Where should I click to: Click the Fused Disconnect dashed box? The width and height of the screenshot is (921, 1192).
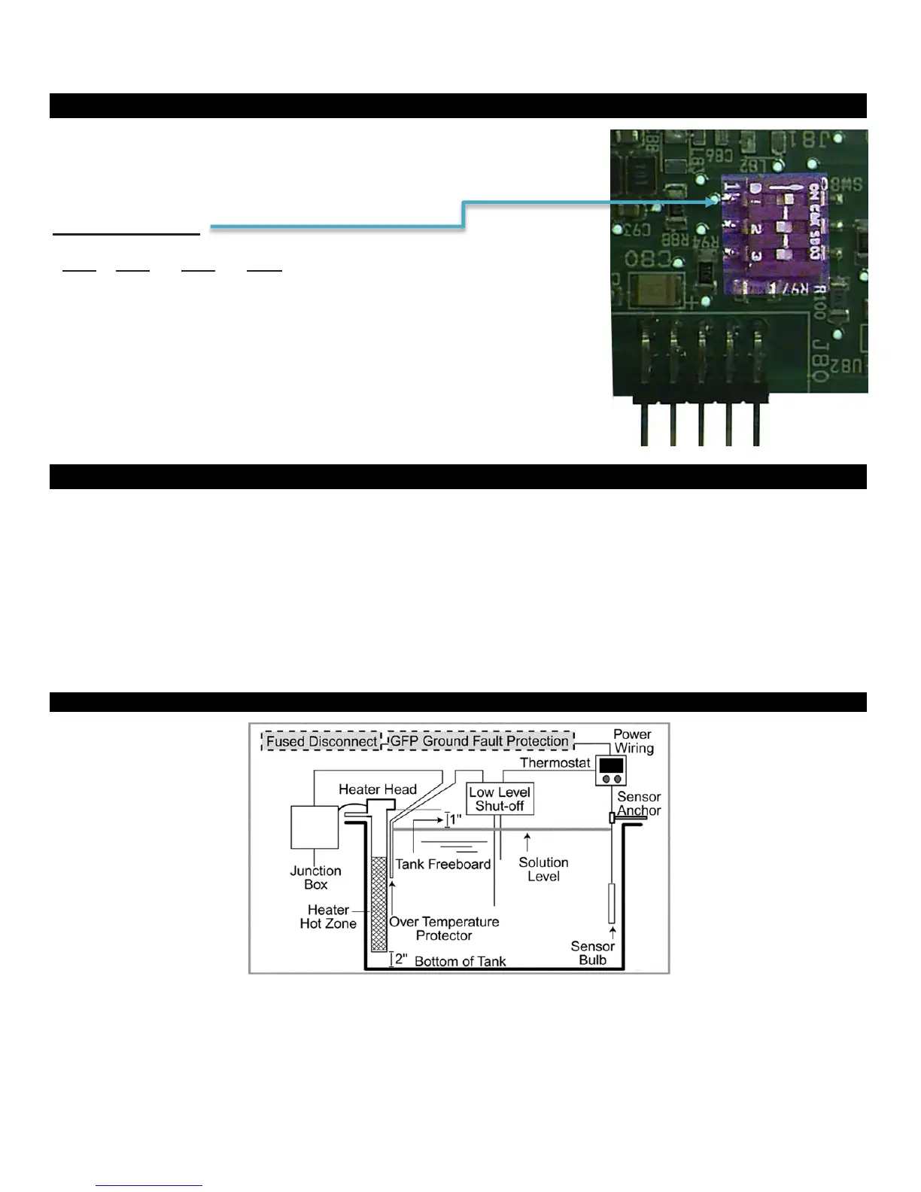pyautogui.click(x=321, y=741)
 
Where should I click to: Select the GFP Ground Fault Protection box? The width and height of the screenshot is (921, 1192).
pyautogui.click(x=479, y=741)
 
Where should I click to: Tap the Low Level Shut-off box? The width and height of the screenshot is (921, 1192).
pyautogui.click(x=500, y=799)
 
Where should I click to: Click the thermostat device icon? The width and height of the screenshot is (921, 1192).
pyautogui.click(x=611, y=771)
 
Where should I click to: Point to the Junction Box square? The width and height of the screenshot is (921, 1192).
pyautogui.click(x=314, y=827)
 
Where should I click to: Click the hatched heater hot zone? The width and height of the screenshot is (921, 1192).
pyautogui.click(x=379, y=904)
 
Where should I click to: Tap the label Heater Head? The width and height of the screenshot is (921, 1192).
pyautogui.click(x=377, y=789)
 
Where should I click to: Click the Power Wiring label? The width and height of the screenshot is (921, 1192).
pyautogui.click(x=633, y=741)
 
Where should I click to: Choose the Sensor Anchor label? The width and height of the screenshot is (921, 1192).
pyautogui.click(x=639, y=804)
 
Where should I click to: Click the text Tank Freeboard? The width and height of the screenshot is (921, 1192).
pyautogui.click(x=443, y=865)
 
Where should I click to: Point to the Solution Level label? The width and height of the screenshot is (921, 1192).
pyautogui.click(x=543, y=869)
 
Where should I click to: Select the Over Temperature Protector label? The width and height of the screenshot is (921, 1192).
pyautogui.click(x=444, y=929)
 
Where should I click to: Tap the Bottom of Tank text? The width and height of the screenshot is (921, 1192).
pyautogui.click(x=460, y=962)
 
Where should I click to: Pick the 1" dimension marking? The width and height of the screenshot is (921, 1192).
pyautogui.click(x=454, y=819)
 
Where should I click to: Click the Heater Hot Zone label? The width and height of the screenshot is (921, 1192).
pyautogui.click(x=328, y=917)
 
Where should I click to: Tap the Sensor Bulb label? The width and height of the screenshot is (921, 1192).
pyautogui.click(x=592, y=953)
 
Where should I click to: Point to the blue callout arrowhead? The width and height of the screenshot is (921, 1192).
pyautogui.click(x=714, y=201)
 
